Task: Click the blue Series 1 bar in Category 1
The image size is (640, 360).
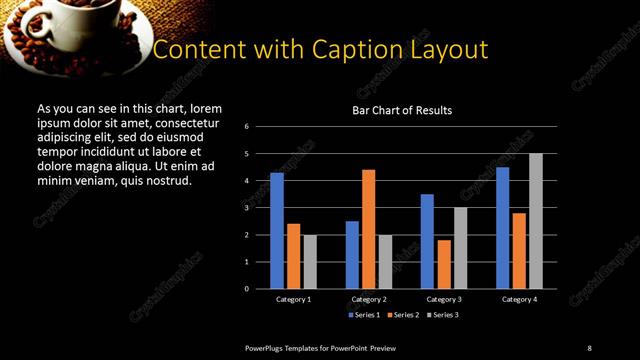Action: (x=277, y=231)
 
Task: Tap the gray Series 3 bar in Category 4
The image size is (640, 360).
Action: (x=535, y=221)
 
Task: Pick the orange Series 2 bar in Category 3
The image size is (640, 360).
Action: (x=444, y=264)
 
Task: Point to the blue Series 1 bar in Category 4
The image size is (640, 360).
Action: (x=502, y=228)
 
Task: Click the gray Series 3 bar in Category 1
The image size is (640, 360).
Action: (x=310, y=262)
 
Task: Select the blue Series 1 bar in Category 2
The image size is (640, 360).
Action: (x=352, y=255)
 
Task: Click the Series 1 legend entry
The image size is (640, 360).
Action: (x=363, y=315)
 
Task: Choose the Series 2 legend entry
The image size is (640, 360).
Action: (x=404, y=315)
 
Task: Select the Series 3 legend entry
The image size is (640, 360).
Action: (x=445, y=315)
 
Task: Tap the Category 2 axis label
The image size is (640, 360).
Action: (x=369, y=299)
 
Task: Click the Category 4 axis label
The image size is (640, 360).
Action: (x=518, y=299)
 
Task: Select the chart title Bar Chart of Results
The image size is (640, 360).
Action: (x=402, y=110)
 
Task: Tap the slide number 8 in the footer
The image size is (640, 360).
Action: (x=589, y=347)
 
